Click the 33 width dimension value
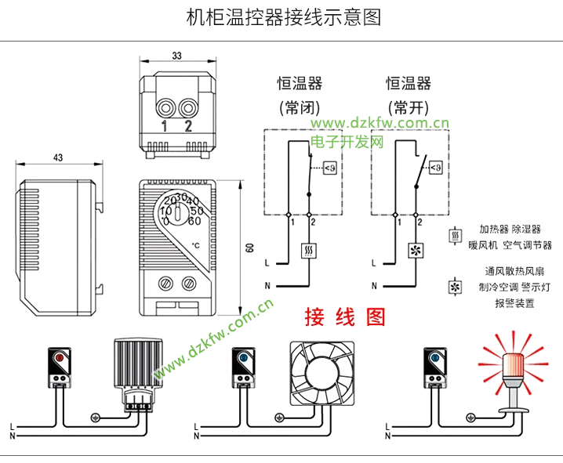176,56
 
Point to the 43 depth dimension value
58,157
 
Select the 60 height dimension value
249,248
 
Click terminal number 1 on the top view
165,125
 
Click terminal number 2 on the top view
188,125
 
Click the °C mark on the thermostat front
196,245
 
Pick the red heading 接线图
346,317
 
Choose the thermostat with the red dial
60,367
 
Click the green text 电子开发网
347,142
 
